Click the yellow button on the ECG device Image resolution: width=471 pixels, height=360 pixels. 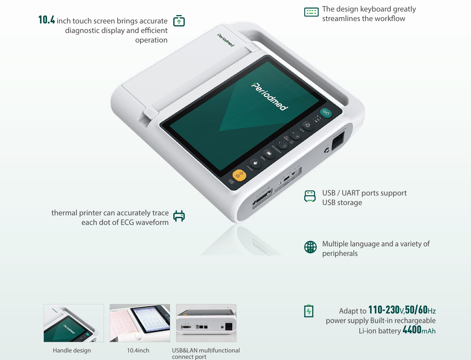click(239, 175)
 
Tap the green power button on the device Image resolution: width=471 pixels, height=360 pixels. click(326, 113)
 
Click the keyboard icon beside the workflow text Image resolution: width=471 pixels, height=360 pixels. click(311, 12)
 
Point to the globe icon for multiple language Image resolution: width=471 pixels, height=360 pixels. click(310, 247)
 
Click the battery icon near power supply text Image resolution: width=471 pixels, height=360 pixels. click(308, 311)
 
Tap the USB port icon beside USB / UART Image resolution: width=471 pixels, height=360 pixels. click(310, 196)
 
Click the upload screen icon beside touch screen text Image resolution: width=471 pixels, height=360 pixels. click(179, 21)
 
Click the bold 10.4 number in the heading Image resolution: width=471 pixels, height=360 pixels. click(47, 20)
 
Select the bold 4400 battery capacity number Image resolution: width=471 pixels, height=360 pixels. click(412, 330)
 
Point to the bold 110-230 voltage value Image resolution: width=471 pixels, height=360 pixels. click(384, 310)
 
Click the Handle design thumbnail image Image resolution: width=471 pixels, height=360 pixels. click(74, 323)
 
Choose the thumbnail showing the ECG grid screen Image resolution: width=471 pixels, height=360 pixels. click(140, 323)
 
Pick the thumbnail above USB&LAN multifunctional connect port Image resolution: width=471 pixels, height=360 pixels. click(206, 323)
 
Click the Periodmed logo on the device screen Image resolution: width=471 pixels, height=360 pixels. click(270, 97)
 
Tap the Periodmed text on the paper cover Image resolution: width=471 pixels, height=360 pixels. click(225, 40)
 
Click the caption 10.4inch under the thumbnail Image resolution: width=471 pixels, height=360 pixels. click(138, 350)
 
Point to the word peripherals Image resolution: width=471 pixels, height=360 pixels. click(340, 254)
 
